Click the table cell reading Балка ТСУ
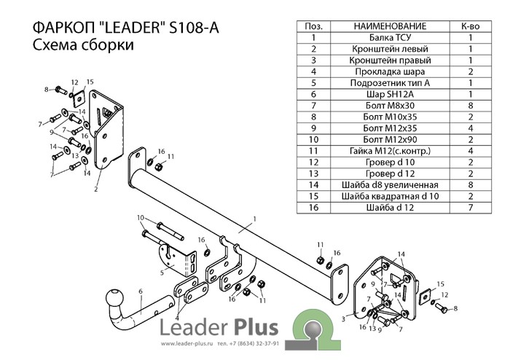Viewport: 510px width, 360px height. [x=390, y=37]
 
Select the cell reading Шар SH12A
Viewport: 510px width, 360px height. [x=390, y=94]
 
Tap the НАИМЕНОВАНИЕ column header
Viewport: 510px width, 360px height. [x=390, y=26]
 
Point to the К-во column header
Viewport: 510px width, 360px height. [x=471, y=26]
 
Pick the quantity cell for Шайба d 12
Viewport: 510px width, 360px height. [x=471, y=208]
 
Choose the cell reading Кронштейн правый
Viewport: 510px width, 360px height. [x=390, y=60]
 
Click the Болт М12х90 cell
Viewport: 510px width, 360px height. [x=390, y=139]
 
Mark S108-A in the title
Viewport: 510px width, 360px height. [x=195, y=28]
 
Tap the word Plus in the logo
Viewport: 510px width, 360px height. [x=256, y=326]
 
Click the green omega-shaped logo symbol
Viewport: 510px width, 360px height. [x=313, y=329]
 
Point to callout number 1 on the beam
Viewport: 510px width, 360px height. [x=255, y=219]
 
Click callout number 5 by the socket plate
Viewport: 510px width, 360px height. [x=162, y=273]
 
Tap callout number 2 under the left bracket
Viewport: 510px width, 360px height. [x=95, y=189]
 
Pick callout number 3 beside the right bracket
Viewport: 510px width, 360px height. [x=343, y=319]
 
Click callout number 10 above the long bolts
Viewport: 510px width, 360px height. [x=141, y=218]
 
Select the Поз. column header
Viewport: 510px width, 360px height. [x=313, y=26]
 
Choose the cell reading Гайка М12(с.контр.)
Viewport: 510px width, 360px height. [x=390, y=151]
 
